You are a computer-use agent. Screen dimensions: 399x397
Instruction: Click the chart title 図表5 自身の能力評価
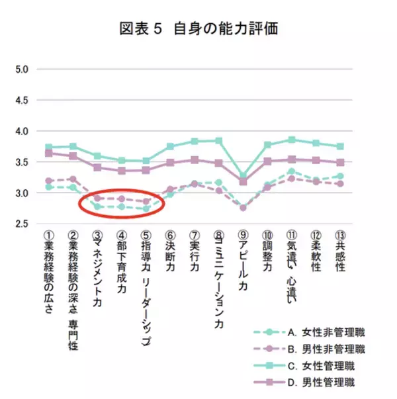pyautogui.click(x=198, y=30)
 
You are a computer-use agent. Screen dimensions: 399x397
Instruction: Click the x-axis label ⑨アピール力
pyautogui.click(x=243, y=265)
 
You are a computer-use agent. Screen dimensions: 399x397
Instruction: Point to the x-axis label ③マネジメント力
pyautogui.click(x=97, y=269)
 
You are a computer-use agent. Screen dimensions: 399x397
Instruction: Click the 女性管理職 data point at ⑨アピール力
pyautogui.click(x=243, y=176)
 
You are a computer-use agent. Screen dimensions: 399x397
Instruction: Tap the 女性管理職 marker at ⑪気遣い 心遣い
pyautogui.click(x=292, y=140)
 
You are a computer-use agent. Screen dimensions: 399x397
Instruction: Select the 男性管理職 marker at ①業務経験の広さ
pyautogui.click(x=48, y=153)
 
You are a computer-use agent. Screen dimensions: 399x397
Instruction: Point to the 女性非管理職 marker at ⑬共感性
pyautogui.click(x=340, y=176)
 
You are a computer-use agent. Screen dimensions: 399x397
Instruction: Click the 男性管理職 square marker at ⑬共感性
pyautogui.click(x=340, y=162)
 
